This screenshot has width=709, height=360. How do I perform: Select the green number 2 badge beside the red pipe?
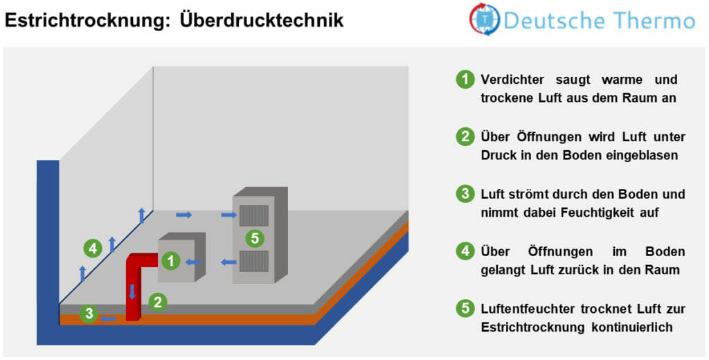(x=158, y=301)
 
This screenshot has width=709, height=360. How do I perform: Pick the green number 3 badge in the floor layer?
(x=88, y=314)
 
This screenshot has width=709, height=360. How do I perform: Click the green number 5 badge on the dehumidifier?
(x=255, y=238)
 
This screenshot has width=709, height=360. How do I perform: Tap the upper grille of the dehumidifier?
(x=253, y=215)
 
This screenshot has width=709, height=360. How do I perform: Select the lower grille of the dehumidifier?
(x=253, y=261)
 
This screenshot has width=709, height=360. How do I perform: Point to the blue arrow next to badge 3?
(x=108, y=318)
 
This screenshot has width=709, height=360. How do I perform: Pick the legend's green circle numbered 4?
(x=465, y=251)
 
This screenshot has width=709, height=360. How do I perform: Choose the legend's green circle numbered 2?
(x=465, y=137)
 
